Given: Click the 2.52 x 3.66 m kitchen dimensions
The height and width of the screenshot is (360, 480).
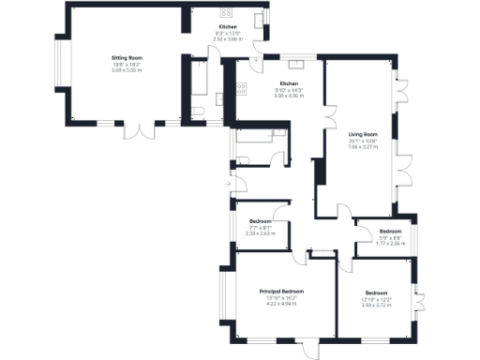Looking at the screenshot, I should (x=228, y=39).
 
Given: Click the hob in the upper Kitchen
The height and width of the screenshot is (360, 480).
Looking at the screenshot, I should (x=226, y=13).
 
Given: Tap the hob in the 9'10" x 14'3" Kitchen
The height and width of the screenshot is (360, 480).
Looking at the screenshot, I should (x=241, y=88).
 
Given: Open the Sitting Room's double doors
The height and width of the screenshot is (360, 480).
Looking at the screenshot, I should (x=143, y=130).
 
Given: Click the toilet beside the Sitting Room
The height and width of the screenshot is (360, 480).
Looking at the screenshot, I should (x=198, y=112).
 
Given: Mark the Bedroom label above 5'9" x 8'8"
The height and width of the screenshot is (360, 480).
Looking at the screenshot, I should (x=390, y=231).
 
